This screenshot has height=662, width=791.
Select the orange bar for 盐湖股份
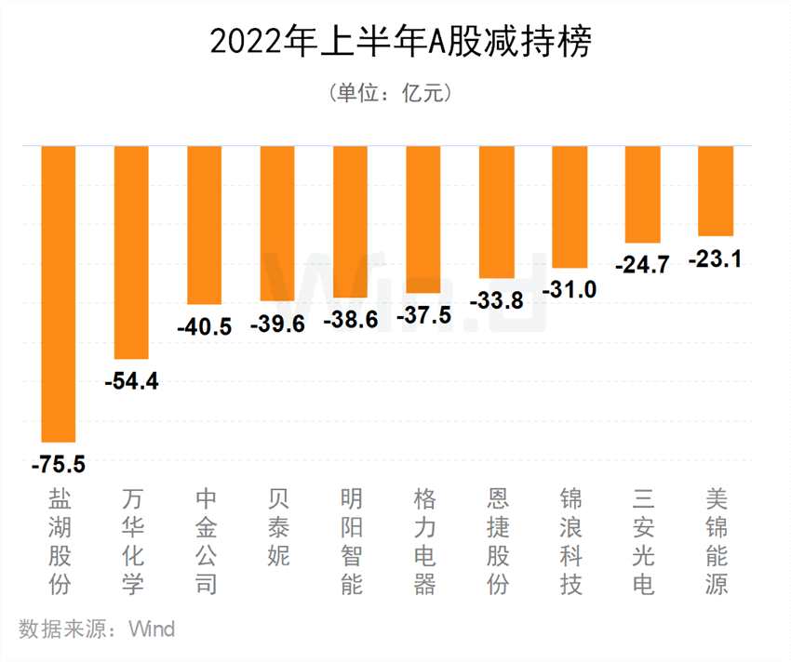pos(59,293)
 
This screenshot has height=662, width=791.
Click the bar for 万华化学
pos(131,252)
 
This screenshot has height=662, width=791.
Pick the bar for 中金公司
pos(205,225)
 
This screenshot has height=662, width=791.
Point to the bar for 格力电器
pos(423,219)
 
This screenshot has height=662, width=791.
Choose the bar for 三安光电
pos(643,194)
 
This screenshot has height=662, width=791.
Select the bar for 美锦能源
pos(716,191)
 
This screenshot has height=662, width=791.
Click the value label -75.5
pos(58,462)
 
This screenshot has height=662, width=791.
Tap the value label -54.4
pos(131,381)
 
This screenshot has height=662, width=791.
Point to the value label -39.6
pos(278,324)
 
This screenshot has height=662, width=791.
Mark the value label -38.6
pos(351,320)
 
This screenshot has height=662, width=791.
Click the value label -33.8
pos(496,301)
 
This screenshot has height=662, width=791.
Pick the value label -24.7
pos(642,265)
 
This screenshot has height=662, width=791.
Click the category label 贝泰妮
pos(277,527)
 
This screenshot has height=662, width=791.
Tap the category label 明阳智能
pos(351,541)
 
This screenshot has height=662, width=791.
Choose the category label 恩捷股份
pos(497,541)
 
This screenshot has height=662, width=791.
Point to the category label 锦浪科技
pos(570,541)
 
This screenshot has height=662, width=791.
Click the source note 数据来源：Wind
pos(97,629)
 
